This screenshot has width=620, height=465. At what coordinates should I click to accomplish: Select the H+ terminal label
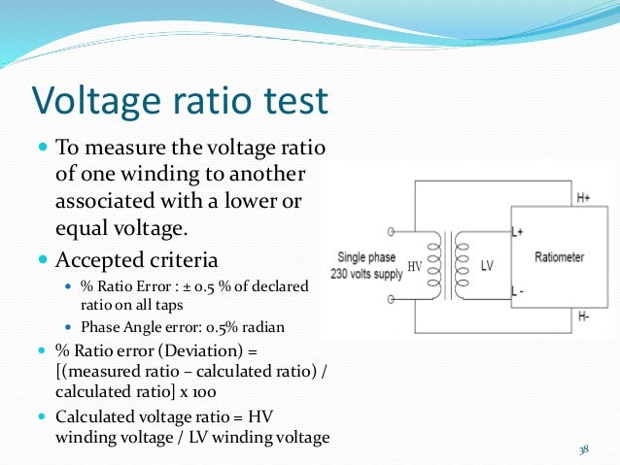pos(583,198)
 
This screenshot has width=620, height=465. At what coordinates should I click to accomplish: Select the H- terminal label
pos(583,316)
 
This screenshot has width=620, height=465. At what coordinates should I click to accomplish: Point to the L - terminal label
pos(519,290)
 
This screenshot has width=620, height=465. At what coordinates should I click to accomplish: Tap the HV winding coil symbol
pos(434,264)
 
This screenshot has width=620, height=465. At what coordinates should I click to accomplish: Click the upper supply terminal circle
pos(391,232)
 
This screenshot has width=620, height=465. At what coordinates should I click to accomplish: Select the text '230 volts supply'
pos(367,272)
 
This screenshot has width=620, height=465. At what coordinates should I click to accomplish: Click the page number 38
pos(584,449)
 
